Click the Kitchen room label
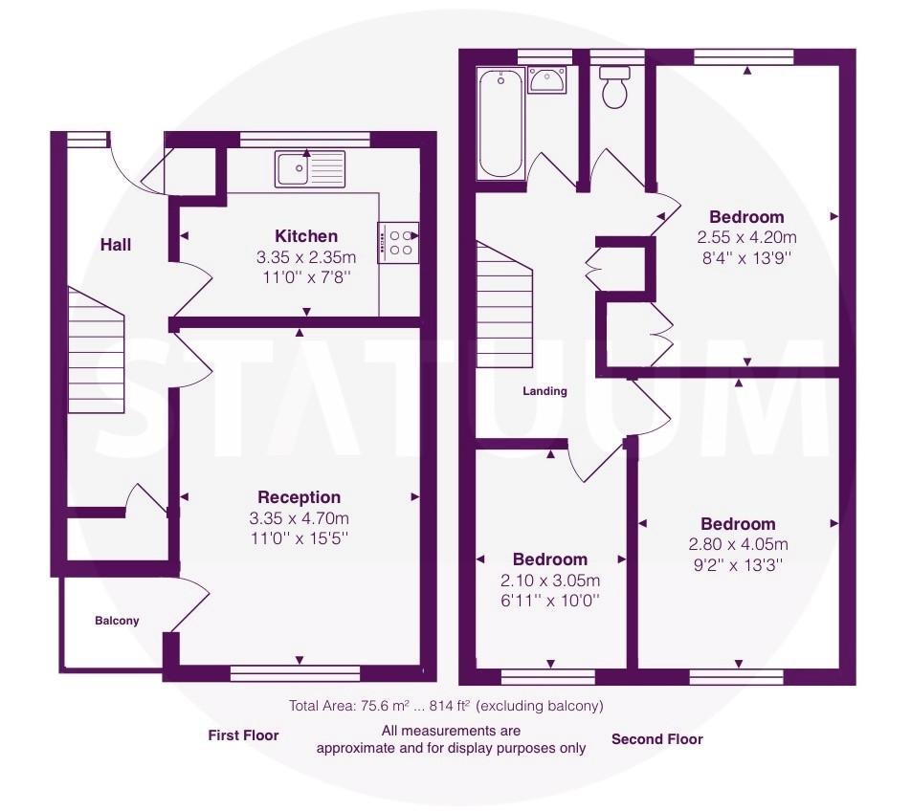[306, 236]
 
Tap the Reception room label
[300, 497]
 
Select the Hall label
[116, 245]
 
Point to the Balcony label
[117, 621]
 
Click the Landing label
[545, 391]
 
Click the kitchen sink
[310, 169]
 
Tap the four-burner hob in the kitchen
[398, 243]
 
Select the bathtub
[500, 123]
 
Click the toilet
[614, 88]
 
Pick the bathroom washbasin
[547, 80]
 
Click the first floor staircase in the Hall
[97, 350]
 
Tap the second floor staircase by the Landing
[504, 304]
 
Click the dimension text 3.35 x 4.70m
[300, 517]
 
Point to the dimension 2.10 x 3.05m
[550, 580]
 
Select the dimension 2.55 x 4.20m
[746, 237]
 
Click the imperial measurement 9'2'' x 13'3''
[738, 565]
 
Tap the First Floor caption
[243, 735]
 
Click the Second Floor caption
[657, 739]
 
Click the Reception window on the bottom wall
[295, 673]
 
